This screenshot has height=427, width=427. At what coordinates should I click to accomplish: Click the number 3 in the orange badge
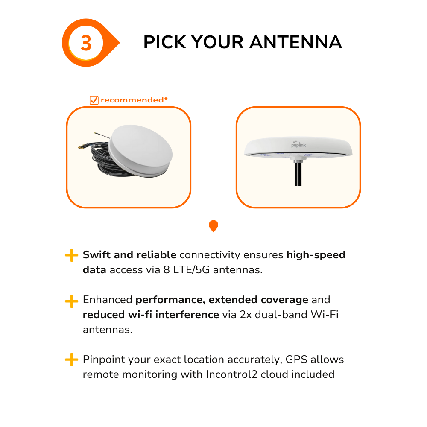tap(86, 43)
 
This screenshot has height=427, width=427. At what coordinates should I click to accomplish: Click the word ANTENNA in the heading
tap(296, 42)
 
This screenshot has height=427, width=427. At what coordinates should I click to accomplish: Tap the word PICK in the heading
tap(165, 42)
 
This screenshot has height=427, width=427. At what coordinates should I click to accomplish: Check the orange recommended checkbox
tap(94, 100)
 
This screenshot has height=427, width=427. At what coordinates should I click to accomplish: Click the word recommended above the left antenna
tap(132, 100)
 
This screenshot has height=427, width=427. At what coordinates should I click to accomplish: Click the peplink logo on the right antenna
tap(298, 144)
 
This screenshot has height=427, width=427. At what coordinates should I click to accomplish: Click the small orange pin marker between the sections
tap(213, 226)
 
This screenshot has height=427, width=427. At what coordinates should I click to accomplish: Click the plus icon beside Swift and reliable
tap(72, 255)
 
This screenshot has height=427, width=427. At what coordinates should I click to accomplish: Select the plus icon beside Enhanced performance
tap(72, 301)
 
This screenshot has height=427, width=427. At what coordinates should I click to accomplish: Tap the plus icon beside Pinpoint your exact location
tap(72, 360)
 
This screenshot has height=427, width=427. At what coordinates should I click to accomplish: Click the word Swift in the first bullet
tap(97, 255)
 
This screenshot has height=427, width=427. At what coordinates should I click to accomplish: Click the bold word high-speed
tap(316, 255)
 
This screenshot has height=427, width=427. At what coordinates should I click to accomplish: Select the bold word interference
tap(187, 315)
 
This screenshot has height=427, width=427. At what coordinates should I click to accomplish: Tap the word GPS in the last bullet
tap(296, 360)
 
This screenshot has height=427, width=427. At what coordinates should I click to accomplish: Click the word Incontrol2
tap(231, 374)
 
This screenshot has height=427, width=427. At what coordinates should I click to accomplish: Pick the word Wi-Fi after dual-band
tap(325, 315)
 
